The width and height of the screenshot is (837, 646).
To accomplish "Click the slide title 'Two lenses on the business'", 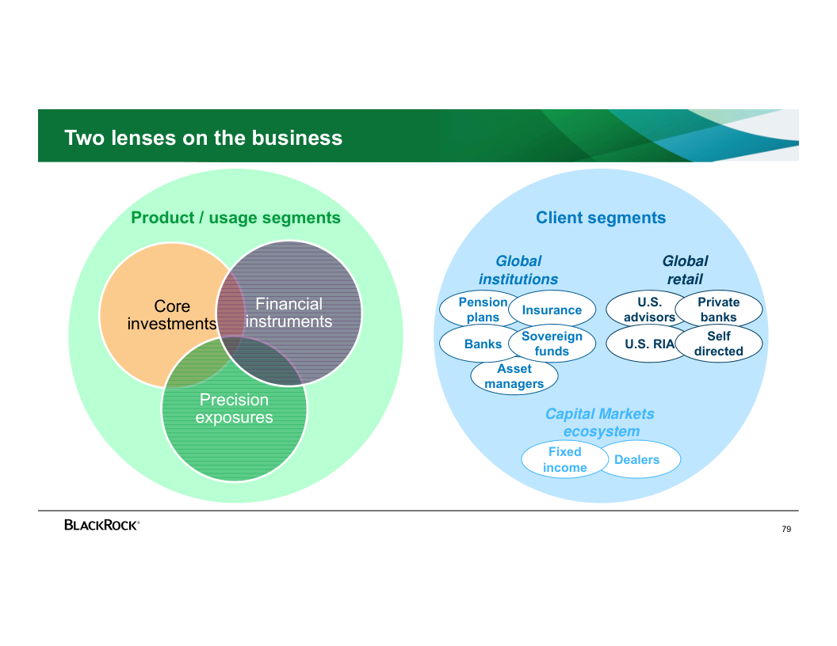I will [x=204, y=138].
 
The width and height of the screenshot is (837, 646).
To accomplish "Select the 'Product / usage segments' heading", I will [x=235, y=218].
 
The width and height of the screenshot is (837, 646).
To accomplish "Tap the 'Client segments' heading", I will [x=601, y=218].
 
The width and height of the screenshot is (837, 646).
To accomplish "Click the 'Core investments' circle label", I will [x=172, y=315].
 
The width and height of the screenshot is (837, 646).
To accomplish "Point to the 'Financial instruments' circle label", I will [x=289, y=313].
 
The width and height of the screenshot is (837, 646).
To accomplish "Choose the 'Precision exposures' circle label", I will [x=234, y=408].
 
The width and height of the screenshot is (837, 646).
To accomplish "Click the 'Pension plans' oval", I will [x=480, y=310].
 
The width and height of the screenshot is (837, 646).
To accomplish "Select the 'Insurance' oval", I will [x=552, y=310].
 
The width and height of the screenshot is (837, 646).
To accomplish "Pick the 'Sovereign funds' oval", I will [x=552, y=344].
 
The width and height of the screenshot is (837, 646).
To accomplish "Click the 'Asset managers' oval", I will [x=514, y=377].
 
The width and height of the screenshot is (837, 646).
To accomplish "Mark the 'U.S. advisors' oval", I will [x=648, y=310].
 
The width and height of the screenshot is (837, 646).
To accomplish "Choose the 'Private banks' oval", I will [x=719, y=310].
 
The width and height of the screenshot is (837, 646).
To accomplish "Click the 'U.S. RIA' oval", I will [x=648, y=344].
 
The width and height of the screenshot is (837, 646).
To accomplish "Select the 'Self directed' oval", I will [x=719, y=344].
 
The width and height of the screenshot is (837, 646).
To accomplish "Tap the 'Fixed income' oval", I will [x=564, y=460].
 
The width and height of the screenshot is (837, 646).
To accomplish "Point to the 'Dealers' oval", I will [x=637, y=460].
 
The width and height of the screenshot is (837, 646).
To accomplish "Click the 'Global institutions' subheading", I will [x=518, y=270].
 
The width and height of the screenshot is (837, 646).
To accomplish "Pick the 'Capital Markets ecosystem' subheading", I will [x=600, y=423].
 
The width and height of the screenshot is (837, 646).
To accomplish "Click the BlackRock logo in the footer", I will [x=102, y=525].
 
